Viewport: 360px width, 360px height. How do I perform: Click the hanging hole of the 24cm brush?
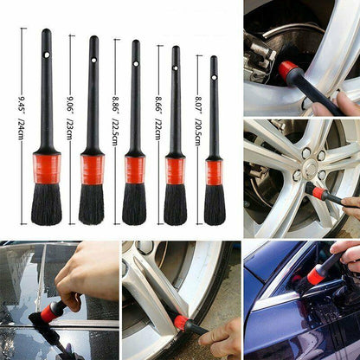tap(47, 55)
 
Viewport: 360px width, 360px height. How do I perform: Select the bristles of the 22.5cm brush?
tap(134, 204)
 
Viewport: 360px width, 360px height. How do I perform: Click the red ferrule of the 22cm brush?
tap(175, 171)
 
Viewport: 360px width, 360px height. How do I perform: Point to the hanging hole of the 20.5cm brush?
tap(214, 77)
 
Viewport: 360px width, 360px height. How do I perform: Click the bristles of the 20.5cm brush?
tap(215, 205)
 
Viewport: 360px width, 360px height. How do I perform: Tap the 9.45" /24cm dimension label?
tap(21, 119)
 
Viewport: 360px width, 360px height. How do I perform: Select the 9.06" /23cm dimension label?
tap(69, 119)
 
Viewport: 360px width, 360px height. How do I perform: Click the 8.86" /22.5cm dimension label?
tap(115, 120)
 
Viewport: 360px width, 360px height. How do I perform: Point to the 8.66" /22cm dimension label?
tap(158, 119)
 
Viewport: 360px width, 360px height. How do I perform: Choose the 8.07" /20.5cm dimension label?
tap(197, 120)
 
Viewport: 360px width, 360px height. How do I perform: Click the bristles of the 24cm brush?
tap(47, 204)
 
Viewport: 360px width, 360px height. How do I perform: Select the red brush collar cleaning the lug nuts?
tap(318, 192)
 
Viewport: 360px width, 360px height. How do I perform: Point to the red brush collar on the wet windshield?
tap(48, 312)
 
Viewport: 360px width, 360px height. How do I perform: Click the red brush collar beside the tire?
tap(182, 320)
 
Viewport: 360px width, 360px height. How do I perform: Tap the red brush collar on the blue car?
tap(315, 274)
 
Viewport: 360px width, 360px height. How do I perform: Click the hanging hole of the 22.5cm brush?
tap(136, 63)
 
